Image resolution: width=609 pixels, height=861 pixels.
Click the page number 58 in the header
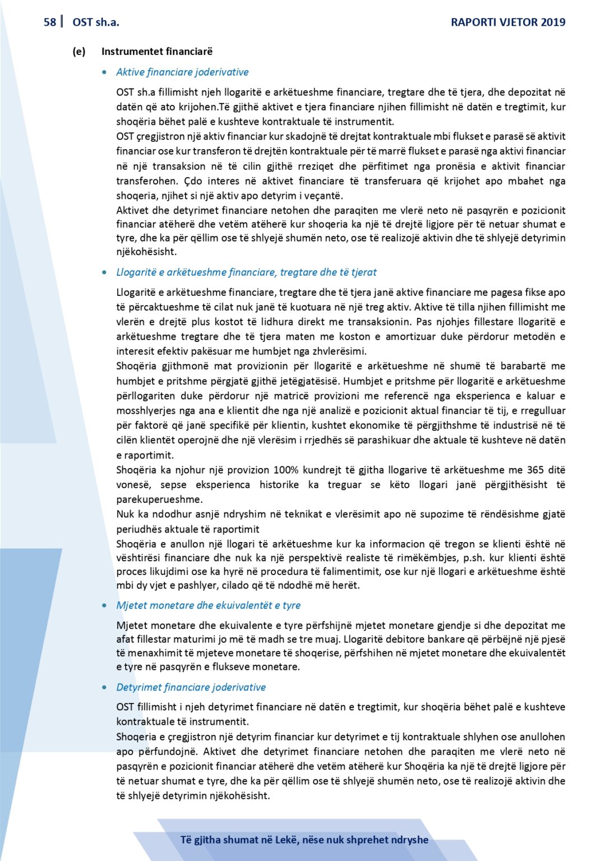pyautogui.click(x=49, y=22)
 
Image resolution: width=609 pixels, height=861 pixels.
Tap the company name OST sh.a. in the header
pyautogui.click(x=96, y=22)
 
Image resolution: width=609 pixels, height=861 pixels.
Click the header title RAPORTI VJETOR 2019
pyautogui.click(x=508, y=22)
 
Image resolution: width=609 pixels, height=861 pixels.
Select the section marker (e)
pyautogui.click(x=79, y=52)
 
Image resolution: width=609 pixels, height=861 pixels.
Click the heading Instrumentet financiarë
pyautogui.click(x=157, y=52)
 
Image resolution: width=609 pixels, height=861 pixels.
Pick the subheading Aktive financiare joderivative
pyautogui.click(x=182, y=72)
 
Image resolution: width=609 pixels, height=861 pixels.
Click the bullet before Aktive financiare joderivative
pyautogui.click(x=105, y=72)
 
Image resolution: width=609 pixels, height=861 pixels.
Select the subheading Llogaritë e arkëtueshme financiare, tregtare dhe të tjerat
pyautogui.click(x=246, y=272)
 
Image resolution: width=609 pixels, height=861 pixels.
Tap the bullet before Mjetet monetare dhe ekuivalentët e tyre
pyautogui.click(x=105, y=605)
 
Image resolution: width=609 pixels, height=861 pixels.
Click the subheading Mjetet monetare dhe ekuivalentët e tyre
pyautogui.click(x=208, y=605)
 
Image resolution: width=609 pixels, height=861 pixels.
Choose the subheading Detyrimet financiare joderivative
pyautogui.click(x=191, y=687)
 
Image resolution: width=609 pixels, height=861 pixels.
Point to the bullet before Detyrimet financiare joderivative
pyautogui.click(x=105, y=687)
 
